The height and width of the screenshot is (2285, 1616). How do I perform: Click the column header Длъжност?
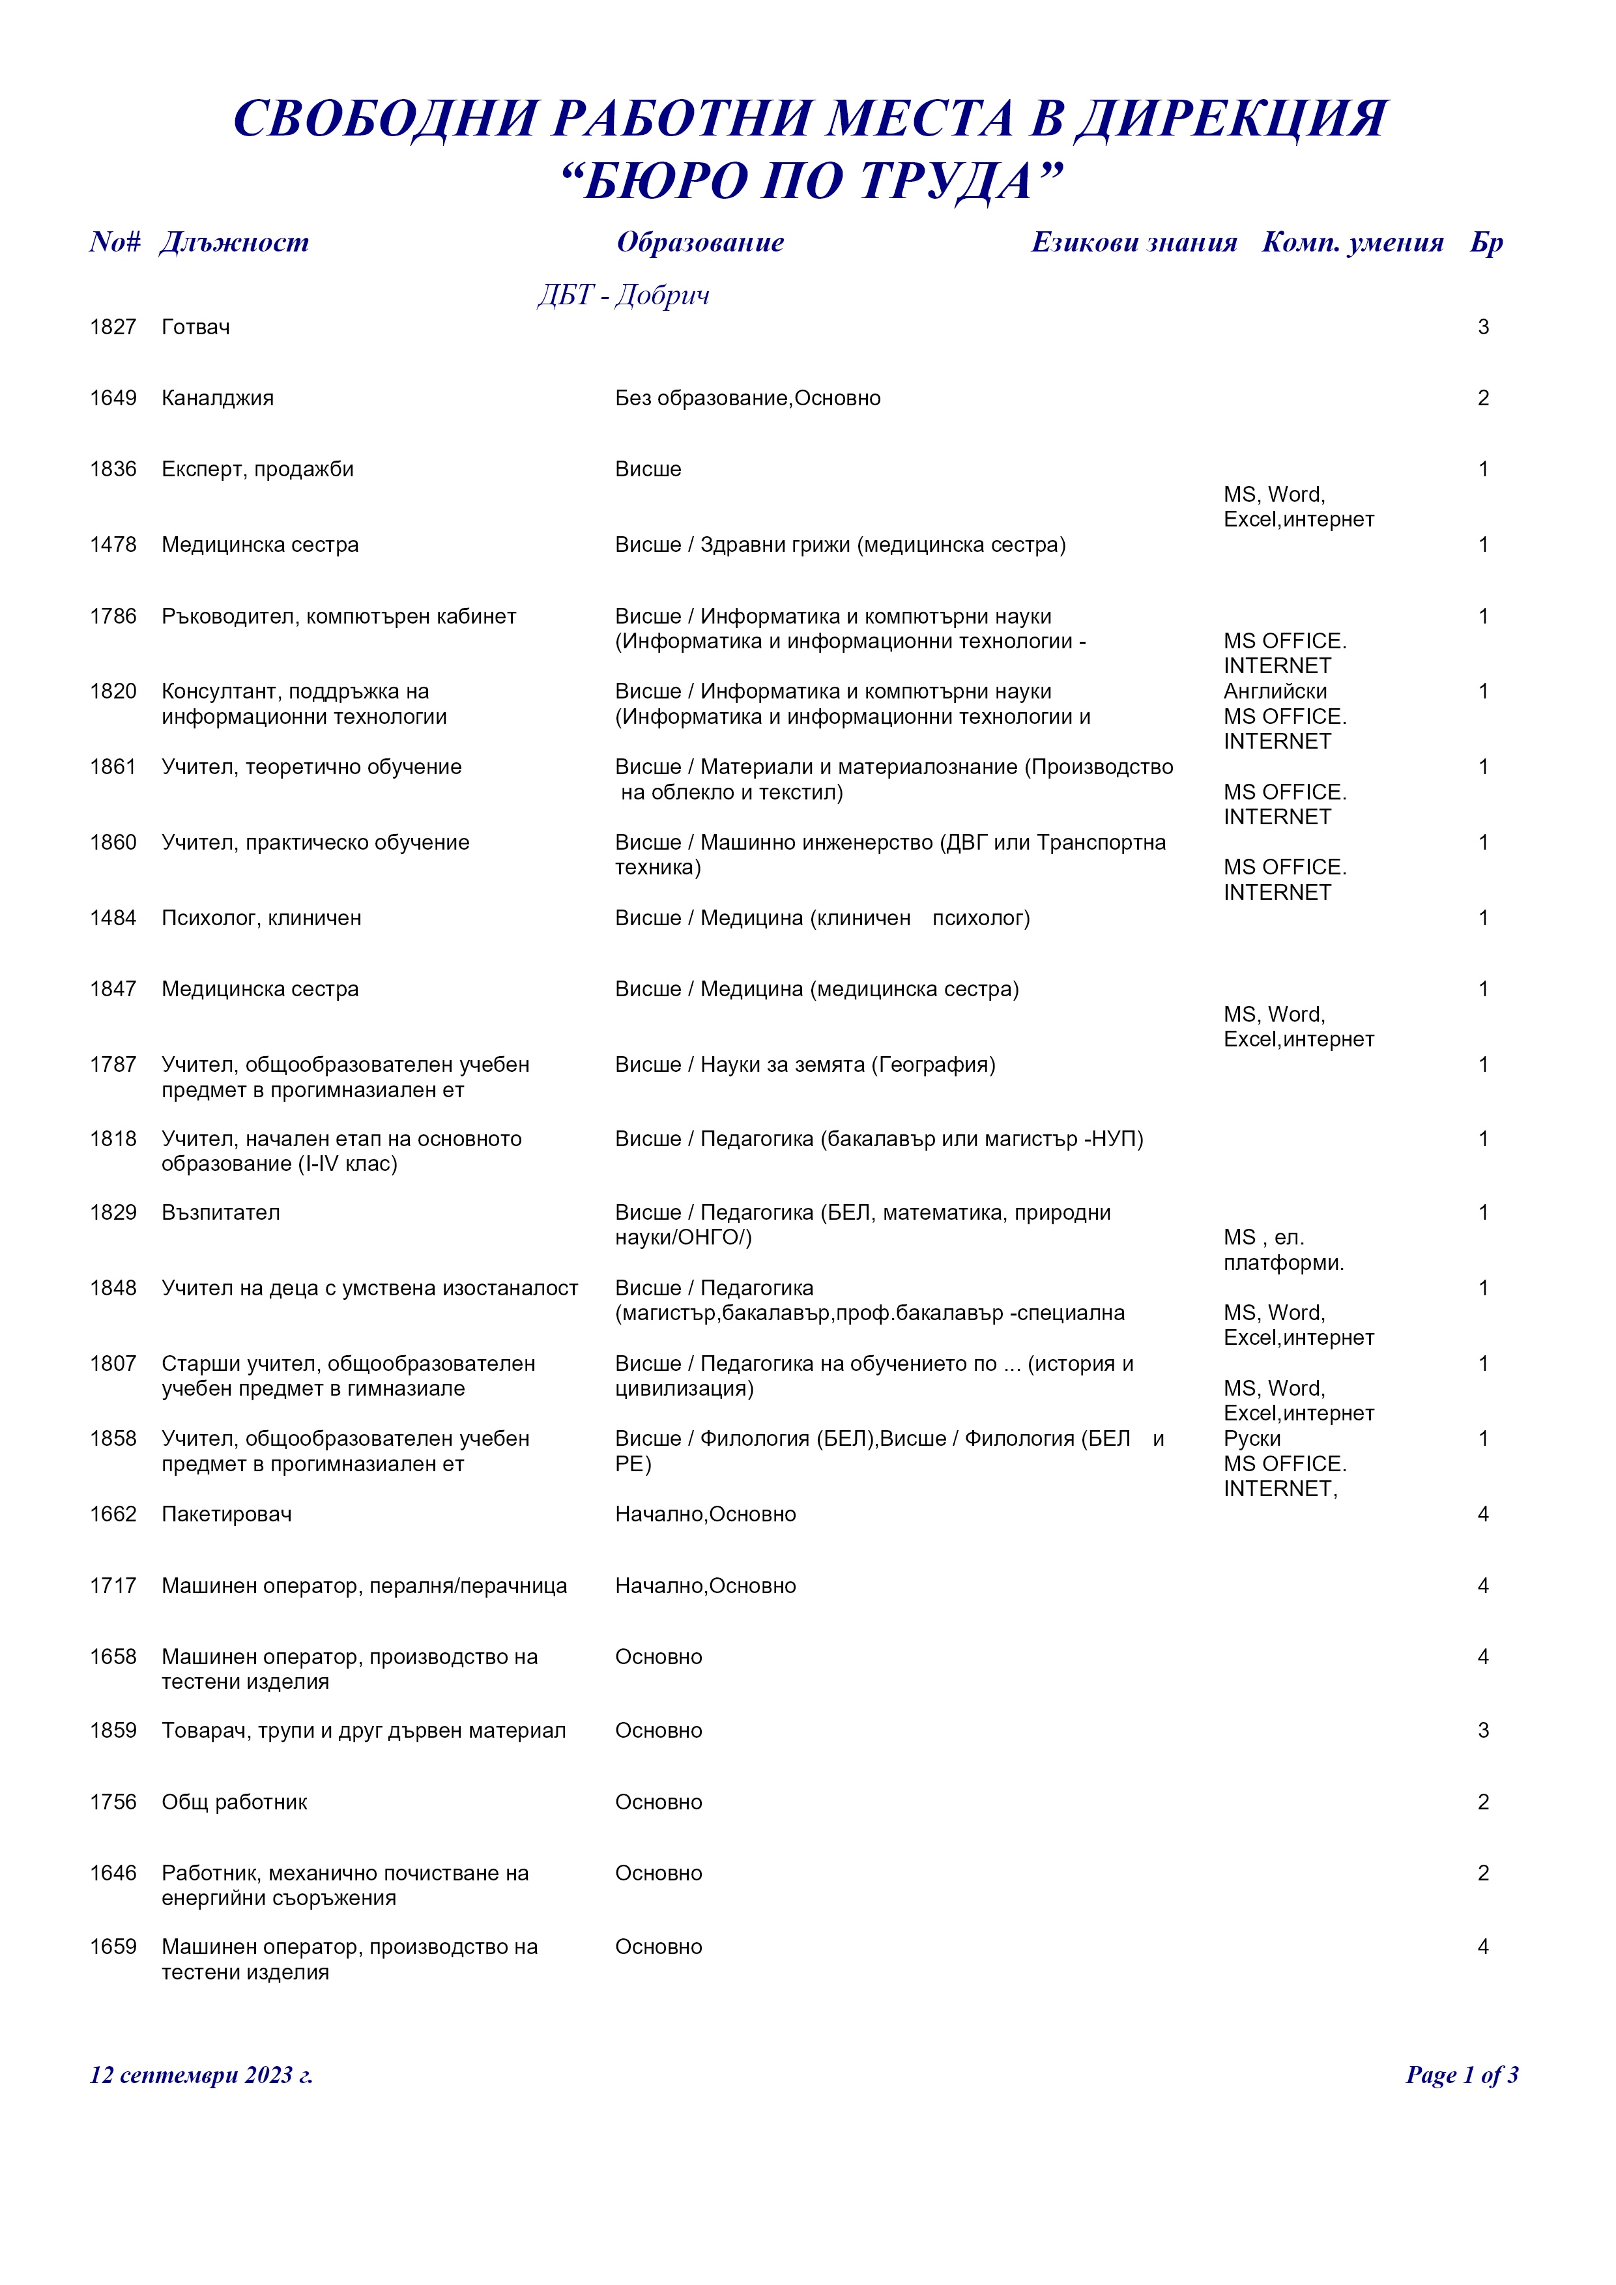pyautogui.click(x=235, y=242)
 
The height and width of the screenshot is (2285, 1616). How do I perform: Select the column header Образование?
pyautogui.click(x=700, y=242)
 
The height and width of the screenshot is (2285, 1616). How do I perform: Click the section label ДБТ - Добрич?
pyautogui.click(x=624, y=295)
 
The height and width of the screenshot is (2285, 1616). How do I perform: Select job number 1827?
pyautogui.click(x=113, y=328)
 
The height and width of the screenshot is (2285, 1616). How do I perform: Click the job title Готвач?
pyautogui.click(x=196, y=328)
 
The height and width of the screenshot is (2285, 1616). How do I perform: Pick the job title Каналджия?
pyautogui.click(x=218, y=398)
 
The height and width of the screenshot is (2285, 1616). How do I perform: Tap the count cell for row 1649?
pyautogui.click(x=1482, y=398)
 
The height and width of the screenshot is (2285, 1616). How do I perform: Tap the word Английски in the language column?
pyautogui.click(x=1275, y=692)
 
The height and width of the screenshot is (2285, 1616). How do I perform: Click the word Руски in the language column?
pyautogui.click(x=1252, y=1439)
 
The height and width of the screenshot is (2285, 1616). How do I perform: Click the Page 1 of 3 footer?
pyautogui.click(x=1461, y=2075)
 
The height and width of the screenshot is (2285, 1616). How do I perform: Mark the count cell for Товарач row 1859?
pyautogui.click(x=1482, y=1730)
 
